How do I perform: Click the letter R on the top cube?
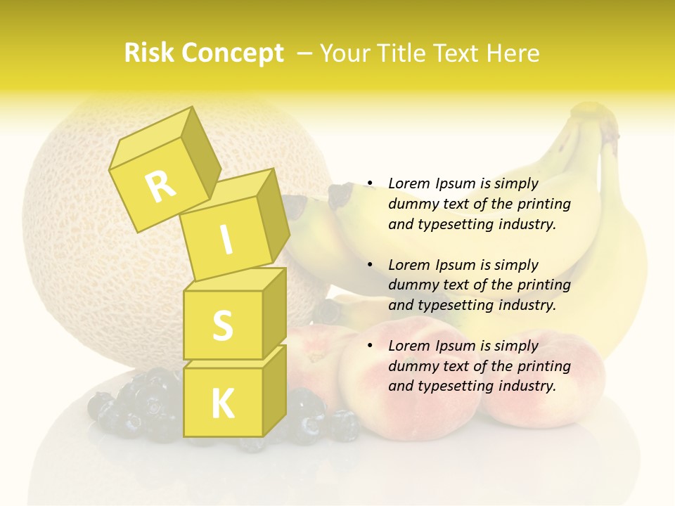tap(161, 186)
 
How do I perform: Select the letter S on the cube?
tap(222, 325)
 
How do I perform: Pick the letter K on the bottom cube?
tap(222, 404)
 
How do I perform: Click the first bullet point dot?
tap(370, 184)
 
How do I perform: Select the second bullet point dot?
tap(370, 265)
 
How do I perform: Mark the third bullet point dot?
tap(370, 346)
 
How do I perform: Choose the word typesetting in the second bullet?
tap(455, 305)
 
